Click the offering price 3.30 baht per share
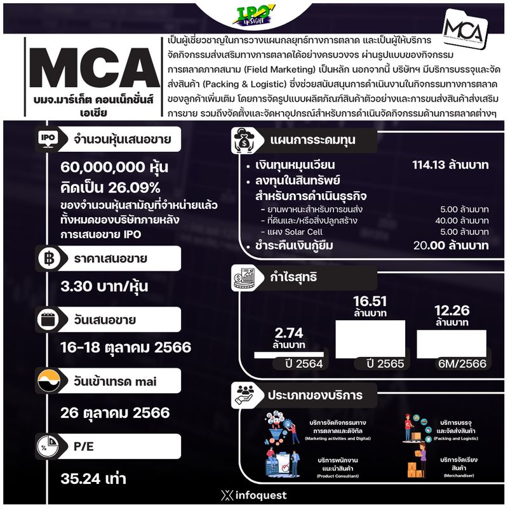click(105, 286)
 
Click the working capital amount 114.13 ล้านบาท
click(450, 166)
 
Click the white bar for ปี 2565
click(370, 339)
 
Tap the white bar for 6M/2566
click(451, 344)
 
